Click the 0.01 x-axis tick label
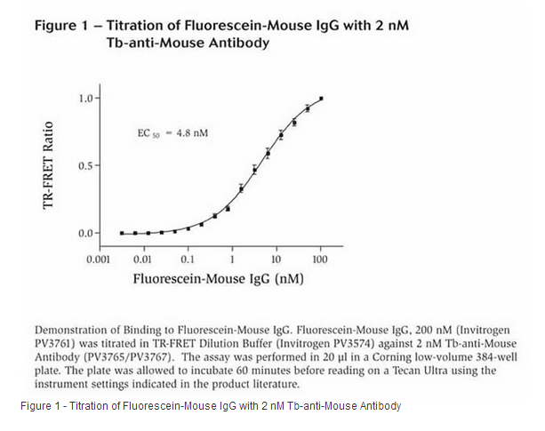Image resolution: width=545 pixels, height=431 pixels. (x=142, y=259)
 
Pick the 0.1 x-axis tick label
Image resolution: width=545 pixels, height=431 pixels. (x=188, y=259)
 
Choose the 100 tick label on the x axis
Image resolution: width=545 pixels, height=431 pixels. (x=320, y=259)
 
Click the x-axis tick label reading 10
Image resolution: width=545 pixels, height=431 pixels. (x=277, y=259)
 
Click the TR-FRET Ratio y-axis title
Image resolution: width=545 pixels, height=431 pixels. (x=51, y=166)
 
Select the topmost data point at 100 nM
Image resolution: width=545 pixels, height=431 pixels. (x=321, y=99)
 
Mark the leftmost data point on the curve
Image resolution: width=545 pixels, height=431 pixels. (x=122, y=233)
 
